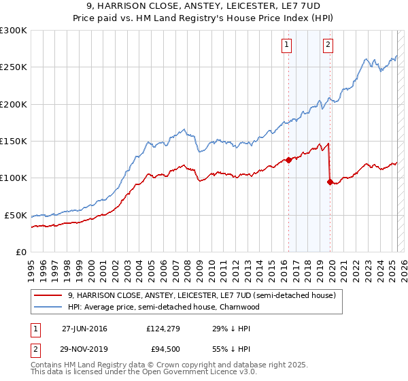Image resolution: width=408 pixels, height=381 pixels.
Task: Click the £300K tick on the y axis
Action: click(x=14, y=31)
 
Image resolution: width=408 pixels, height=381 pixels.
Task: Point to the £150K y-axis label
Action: click(x=14, y=142)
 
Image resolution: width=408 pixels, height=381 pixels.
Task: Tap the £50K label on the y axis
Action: click(x=16, y=215)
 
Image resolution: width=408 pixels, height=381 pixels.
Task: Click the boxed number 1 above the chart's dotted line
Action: click(x=286, y=46)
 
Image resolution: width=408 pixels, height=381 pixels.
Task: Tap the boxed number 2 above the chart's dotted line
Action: click(x=328, y=46)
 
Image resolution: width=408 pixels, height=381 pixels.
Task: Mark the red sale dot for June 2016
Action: click(x=288, y=161)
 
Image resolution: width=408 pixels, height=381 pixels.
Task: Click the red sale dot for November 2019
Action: click(x=330, y=182)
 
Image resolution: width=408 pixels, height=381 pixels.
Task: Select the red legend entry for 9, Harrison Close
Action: click(x=201, y=296)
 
